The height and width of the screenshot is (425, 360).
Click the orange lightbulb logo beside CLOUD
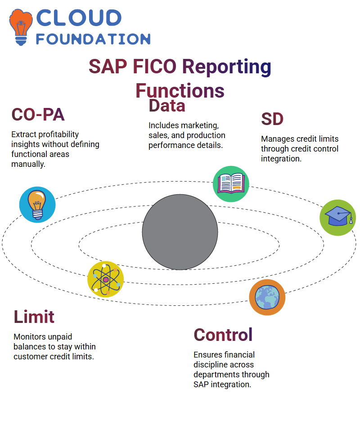[x=21, y=27]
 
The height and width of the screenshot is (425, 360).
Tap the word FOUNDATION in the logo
[x=93, y=39]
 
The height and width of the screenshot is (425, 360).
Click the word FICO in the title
[x=155, y=67]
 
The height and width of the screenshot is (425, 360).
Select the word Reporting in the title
[x=226, y=67]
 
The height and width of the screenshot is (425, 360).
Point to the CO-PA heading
[x=38, y=115]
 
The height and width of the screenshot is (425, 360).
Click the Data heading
[x=167, y=106]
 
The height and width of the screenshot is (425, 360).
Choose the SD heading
[x=272, y=119]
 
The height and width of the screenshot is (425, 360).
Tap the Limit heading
[x=34, y=317]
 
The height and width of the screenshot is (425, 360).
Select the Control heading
[x=223, y=335]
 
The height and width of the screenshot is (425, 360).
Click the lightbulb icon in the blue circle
[x=37, y=205]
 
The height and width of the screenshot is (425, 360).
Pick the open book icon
[x=231, y=184]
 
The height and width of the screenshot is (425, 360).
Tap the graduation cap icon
[x=338, y=218]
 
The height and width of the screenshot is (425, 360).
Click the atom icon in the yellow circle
[x=106, y=279]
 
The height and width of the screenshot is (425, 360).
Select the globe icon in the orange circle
[x=267, y=297]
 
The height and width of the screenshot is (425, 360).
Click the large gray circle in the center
[x=180, y=232]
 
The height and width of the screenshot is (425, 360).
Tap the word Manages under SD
[x=274, y=139]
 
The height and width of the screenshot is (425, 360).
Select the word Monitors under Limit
[x=29, y=337]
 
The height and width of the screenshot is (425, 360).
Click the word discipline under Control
[x=224, y=365]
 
